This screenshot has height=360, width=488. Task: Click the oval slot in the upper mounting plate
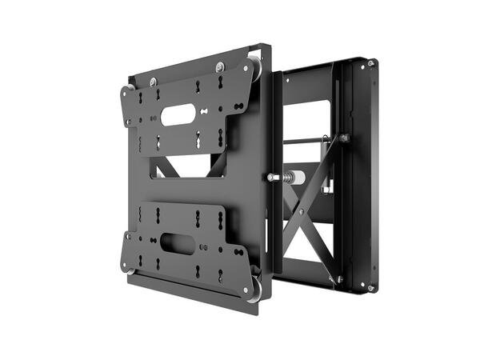[176, 115]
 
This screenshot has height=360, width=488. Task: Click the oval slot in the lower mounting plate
[177, 243]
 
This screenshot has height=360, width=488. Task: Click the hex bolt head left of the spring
[274, 177]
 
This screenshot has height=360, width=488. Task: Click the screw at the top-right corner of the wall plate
[371, 62]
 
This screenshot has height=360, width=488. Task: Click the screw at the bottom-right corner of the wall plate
[370, 287]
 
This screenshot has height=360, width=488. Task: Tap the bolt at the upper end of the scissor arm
[343, 138]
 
